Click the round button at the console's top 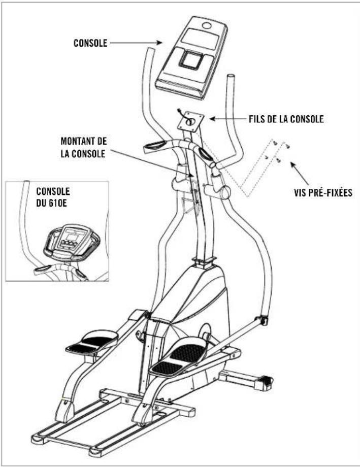tap(208, 25)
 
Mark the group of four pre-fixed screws tap(277, 152)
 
